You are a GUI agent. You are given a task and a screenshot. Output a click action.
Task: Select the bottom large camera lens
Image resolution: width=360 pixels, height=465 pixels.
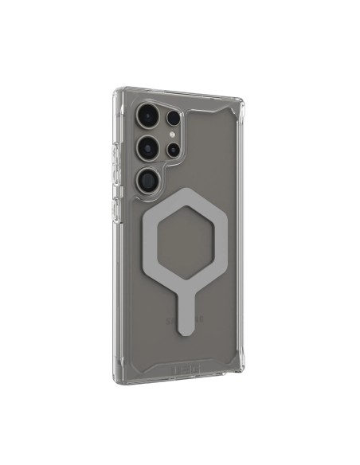point(147,179)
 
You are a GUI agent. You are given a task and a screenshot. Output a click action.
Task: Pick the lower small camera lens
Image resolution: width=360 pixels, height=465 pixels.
point(172,150)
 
